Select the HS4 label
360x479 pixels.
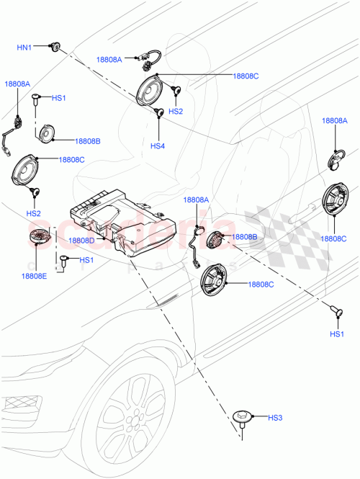pyautogui.click(x=158, y=146)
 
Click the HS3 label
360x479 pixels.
pyautogui.click(x=276, y=418)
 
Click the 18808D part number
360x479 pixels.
pyautogui.click(x=81, y=240)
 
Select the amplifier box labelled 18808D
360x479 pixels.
pyautogui.click(x=126, y=220)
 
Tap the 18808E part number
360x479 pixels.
pyautogui.click(x=34, y=276)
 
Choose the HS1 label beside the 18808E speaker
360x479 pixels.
pyautogui.click(x=86, y=260)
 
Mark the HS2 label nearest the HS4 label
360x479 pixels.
pyautogui.click(x=176, y=112)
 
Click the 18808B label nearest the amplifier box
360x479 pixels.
pyautogui.click(x=245, y=237)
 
